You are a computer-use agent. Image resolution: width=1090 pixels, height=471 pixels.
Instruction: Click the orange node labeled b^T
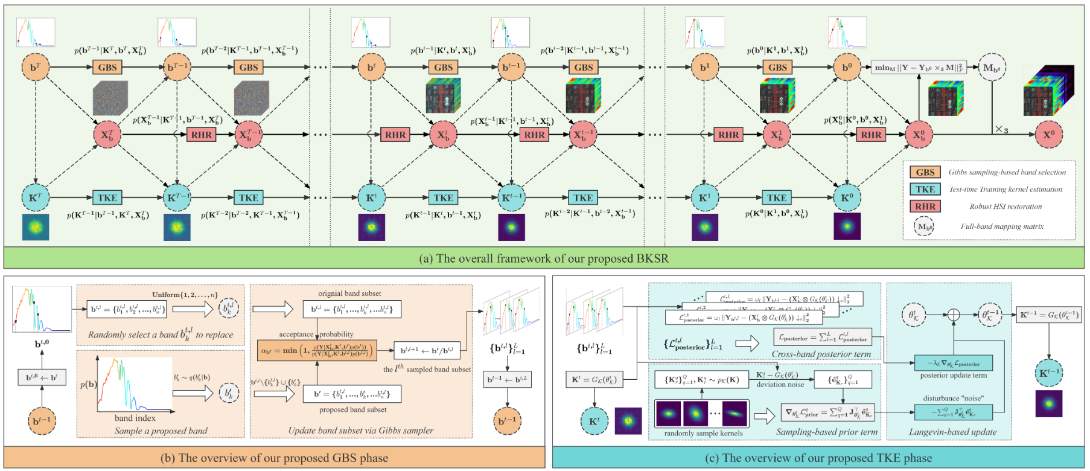click(35, 68)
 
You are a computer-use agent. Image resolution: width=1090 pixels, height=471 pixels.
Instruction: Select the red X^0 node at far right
click(1049, 135)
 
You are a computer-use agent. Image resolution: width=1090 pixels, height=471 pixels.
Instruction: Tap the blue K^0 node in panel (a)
click(847, 197)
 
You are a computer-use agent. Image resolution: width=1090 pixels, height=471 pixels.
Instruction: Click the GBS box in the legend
click(925, 172)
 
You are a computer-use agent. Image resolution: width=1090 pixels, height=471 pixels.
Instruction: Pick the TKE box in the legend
click(925, 189)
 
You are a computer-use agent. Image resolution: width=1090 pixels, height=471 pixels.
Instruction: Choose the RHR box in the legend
click(925, 207)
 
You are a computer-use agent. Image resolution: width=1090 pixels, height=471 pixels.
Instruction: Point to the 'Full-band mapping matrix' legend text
click(1001, 226)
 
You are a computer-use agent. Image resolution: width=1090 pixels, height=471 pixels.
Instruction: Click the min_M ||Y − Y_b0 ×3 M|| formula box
click(919, 68)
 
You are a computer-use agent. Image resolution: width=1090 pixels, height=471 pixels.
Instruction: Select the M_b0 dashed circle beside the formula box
click(992, 68)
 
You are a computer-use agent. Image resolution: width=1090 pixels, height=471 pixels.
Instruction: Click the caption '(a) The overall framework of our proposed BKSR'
click(543, 258)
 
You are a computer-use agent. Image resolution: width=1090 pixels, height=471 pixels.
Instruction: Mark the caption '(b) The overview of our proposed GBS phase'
click(274, 458)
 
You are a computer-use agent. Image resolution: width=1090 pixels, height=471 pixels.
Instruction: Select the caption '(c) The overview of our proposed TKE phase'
click(818, 458)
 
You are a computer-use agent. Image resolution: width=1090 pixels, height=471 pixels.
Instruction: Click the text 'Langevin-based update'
click(952, 432)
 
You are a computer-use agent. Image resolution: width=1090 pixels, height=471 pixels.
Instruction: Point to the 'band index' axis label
click(135, 418)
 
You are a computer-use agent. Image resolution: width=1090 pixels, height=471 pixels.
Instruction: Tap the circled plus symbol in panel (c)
click(953, 315)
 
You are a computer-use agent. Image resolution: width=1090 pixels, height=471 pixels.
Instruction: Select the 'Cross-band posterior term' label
click(821, 354)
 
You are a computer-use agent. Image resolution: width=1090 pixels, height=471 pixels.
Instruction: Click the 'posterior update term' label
click(953, 376)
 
